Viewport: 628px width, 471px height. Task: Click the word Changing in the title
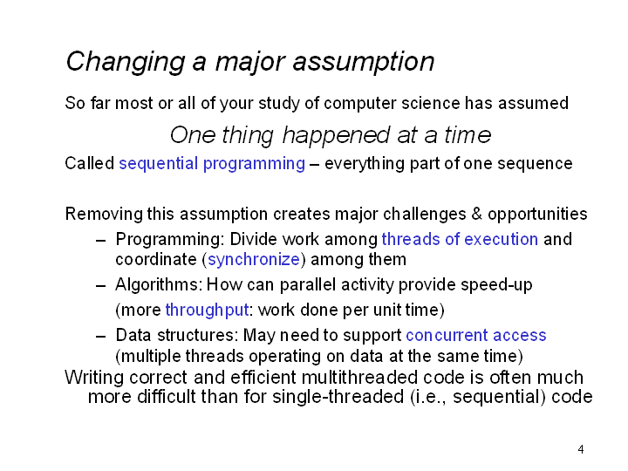coord(126,62)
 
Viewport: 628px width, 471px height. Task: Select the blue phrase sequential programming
coord(212,164)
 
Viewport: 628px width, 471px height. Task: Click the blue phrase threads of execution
coord(460,239)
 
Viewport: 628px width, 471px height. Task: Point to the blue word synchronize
coord(254,260)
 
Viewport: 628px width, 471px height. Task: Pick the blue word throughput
coord(207,311)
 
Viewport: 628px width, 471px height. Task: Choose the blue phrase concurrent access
coord(476,335)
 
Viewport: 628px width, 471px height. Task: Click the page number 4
coord(581,449)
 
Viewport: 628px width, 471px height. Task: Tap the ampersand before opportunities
coord(476,214)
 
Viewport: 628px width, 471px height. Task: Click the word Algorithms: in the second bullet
coord(159,284)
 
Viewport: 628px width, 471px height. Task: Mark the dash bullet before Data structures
coord(101,336)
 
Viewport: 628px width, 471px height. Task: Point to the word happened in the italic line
coord(336,135)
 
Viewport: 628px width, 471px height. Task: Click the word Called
coord(90,164)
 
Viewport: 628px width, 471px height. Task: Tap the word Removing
coord(104,215)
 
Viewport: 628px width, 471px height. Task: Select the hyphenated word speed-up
coord(496,285)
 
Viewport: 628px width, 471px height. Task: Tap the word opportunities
coord(537,215)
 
